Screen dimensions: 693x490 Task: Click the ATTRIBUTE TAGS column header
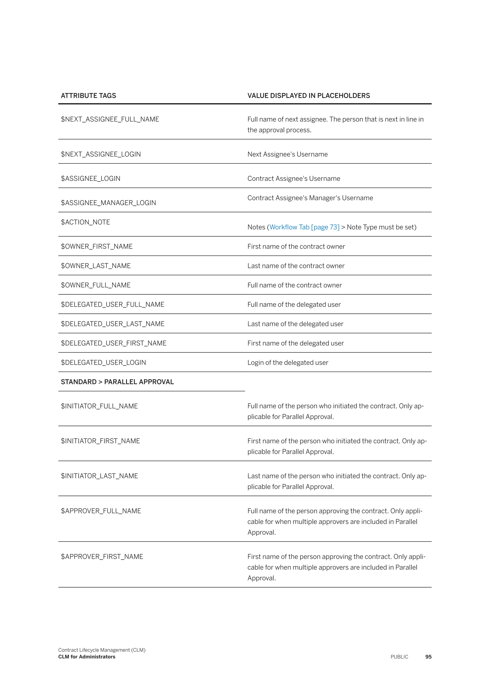click(88, 96)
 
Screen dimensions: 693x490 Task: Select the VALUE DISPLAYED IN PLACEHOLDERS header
click(308, 96)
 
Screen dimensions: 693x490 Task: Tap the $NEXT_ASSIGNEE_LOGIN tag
click(101, 154)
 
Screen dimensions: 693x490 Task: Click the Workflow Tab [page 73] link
click(304, 227)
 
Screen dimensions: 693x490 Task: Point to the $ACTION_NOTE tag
click(85, 222)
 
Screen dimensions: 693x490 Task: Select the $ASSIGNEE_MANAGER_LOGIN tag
click(108, 203)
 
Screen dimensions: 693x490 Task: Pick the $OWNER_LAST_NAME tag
click(96, 266)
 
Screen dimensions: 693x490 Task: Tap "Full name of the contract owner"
click(295, 285)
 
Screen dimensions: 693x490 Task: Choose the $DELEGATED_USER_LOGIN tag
click(103, 363)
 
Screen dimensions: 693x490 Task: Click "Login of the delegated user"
click(288, 363)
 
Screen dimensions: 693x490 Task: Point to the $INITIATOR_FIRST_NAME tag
click(100, 441)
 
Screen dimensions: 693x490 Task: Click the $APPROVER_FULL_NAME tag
click(101, 511)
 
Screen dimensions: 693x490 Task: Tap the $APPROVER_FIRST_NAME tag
click(102, 556)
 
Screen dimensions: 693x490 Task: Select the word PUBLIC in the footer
click(399, 657)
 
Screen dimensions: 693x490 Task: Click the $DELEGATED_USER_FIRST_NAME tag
click(113, 343)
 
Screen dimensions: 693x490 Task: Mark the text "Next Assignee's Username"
click(287, 154)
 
